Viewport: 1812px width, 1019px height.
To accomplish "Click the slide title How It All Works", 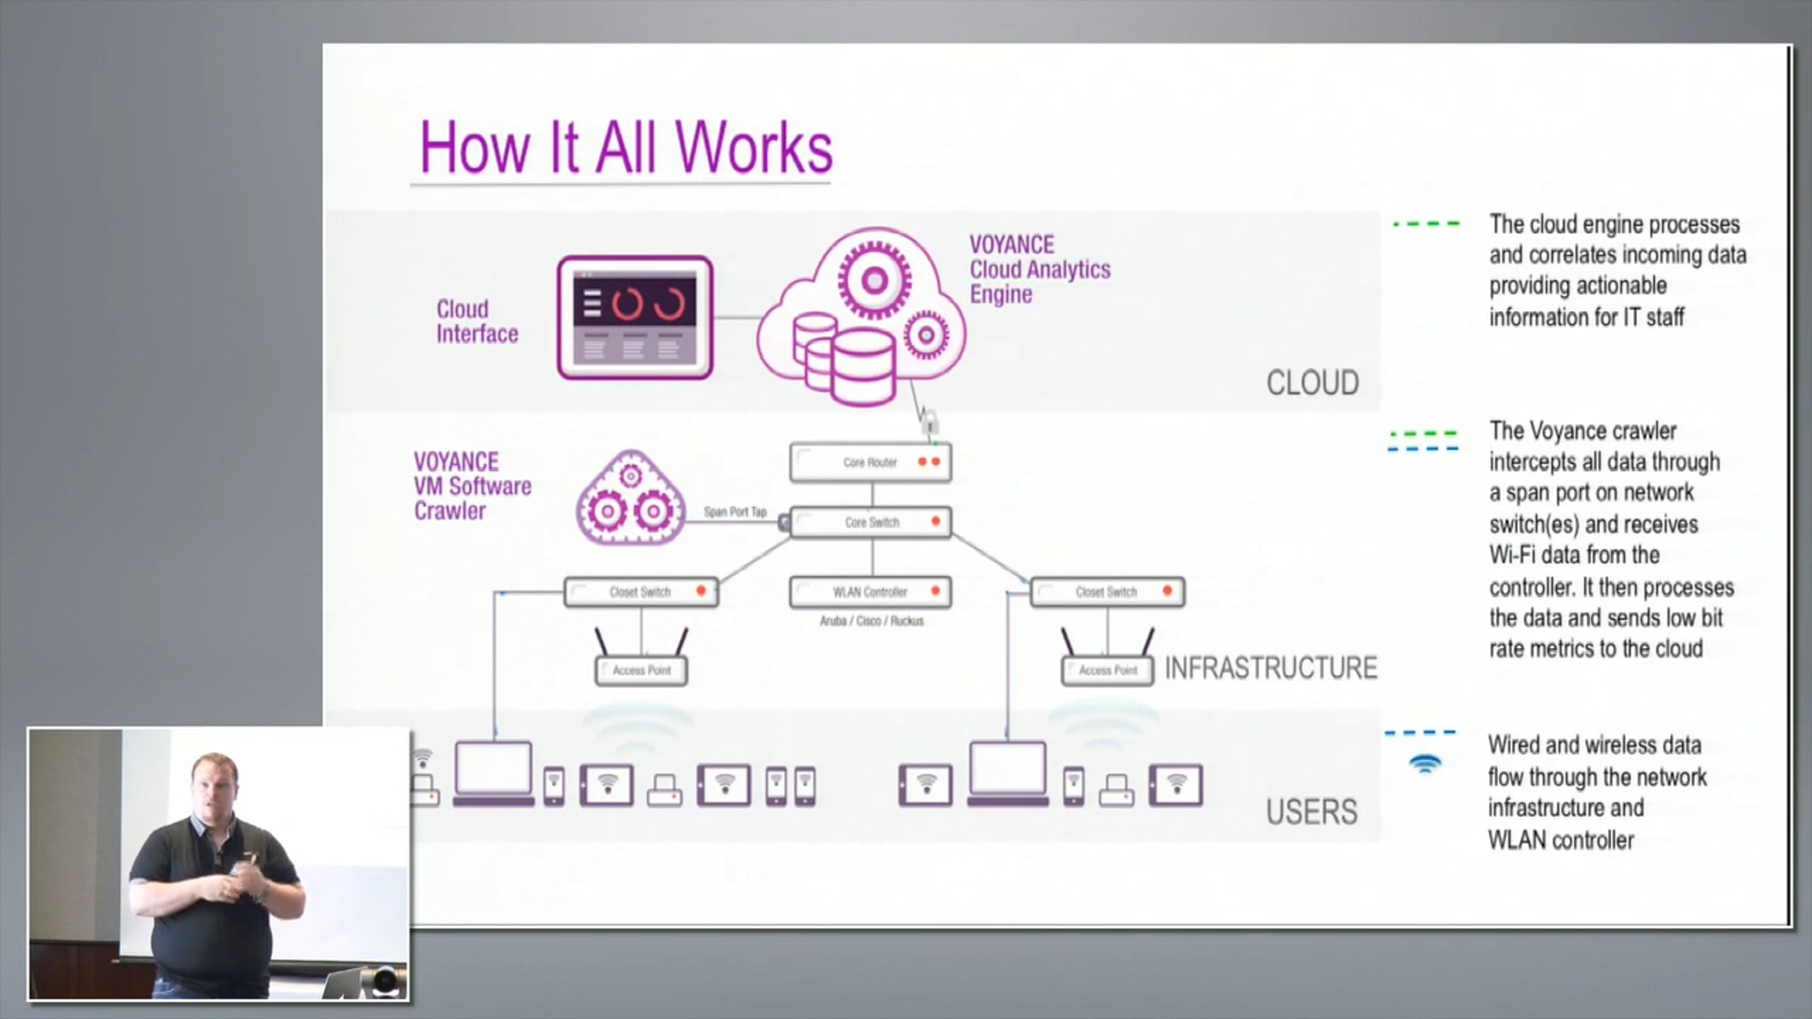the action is click(626, 146).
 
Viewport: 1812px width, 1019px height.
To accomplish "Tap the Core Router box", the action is click(871, 462).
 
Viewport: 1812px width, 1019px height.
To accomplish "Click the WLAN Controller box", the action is click(871, 592).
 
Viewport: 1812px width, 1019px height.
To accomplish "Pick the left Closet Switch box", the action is click(641, 592).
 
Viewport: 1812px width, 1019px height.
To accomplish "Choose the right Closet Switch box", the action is click(1108, 592).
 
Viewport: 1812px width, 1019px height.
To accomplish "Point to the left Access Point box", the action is click(641, 670).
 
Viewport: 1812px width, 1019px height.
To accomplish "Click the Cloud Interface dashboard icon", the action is click(635, 318).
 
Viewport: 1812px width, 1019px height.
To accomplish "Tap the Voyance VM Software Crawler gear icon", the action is click(630, 498).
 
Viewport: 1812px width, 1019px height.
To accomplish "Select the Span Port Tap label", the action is click(735, 512).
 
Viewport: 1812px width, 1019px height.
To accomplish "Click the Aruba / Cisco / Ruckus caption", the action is click(871, 621).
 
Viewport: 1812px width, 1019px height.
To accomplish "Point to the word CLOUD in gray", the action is click(1312, 383).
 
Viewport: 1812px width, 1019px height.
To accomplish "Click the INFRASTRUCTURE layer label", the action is click(1271, 668).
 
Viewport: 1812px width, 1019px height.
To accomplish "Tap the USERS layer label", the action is click(1311, 812).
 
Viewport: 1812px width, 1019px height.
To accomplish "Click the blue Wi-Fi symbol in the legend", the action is click(1425, 764).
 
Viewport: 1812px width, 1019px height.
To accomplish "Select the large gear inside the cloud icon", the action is click(874, 281).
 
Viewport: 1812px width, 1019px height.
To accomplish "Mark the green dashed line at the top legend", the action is click(1426, 223).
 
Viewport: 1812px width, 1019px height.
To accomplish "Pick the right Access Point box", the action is click(1108, 670).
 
